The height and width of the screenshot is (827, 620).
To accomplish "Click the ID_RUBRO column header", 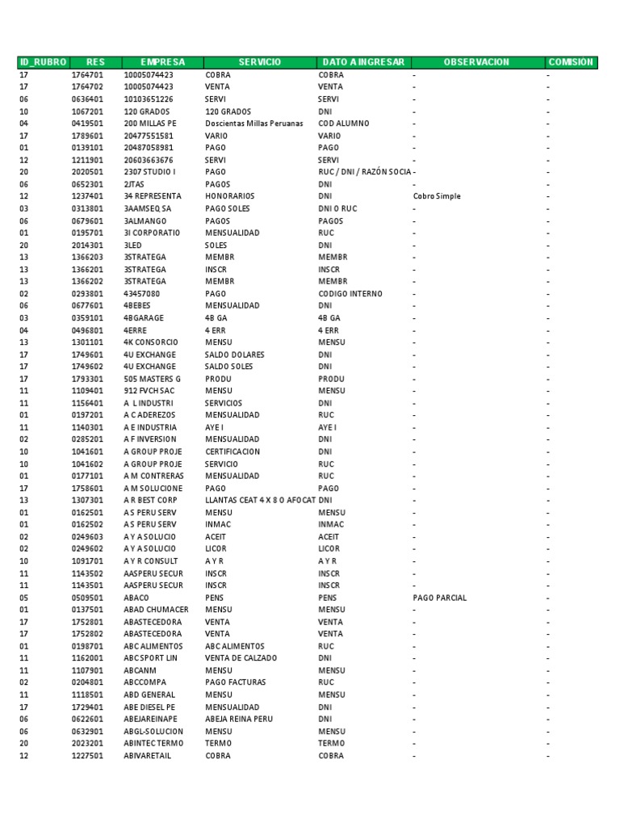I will (x=43, y=62).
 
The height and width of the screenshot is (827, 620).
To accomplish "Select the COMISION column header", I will (x=570, y=62).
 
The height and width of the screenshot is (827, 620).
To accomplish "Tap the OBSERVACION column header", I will (x=476, y=62).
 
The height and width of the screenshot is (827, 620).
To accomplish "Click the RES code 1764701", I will (x=87, y=75).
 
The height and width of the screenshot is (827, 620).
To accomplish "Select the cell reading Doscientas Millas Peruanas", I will (x=253, y=124).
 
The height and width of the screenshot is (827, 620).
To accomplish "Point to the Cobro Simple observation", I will (x=436, y=196).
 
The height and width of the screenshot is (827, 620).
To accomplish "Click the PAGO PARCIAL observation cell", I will (x=439, y=598).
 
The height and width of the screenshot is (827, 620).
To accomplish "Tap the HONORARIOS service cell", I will (x=229, y=196).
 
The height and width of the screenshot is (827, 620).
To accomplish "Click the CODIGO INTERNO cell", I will (x=350, y=294).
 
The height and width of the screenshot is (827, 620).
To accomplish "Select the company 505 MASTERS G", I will (x=153, y=379).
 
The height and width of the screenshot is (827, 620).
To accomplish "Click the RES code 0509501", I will (x=87, y=598).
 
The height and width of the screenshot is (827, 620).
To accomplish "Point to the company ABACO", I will (x=136, y=598).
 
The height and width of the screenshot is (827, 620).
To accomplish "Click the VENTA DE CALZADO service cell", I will (x=241, y=658).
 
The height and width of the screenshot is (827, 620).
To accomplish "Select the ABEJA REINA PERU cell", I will (x=239, y=719).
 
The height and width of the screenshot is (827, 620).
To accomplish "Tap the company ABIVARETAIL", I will (x=147, y=756).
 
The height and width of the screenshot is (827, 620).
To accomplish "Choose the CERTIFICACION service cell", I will (x=232, y=451).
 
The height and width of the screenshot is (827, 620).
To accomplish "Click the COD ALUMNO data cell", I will (x=343, y=124).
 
